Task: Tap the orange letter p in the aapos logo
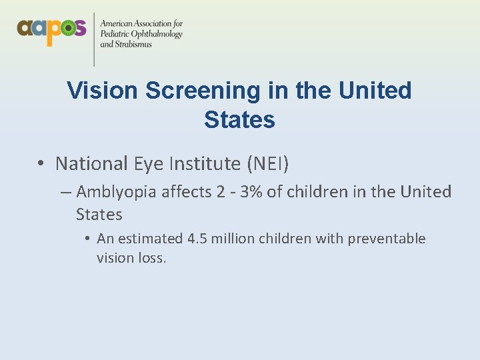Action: [x=50, y=31]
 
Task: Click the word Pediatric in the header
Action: [x=115, y=34]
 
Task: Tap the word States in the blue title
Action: [x=239, y=120]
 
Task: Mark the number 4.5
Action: [x=197, y=239]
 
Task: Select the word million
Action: [x=233, y=239]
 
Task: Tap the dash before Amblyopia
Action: [x=65, y=193]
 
